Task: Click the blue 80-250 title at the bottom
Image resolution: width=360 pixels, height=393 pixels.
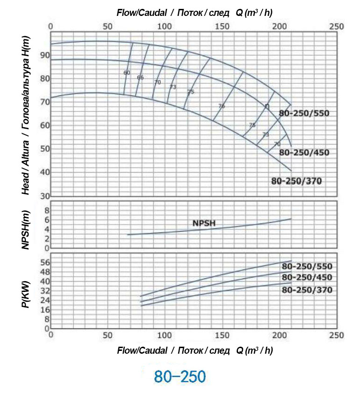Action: pos(180,377)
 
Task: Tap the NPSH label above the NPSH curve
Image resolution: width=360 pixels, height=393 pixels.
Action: pos(204,223)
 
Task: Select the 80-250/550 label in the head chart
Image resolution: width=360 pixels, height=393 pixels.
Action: pos(304,113)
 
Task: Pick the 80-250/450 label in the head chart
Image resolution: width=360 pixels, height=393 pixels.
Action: pos(304,153)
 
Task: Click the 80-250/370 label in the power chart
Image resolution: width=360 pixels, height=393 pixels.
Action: pos(307,290)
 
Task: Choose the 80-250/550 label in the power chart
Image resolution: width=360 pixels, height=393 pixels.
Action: pos(307,266)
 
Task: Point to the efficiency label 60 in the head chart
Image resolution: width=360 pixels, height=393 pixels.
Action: pos(127,73)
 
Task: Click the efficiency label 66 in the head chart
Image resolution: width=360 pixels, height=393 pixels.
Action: pos(140,78)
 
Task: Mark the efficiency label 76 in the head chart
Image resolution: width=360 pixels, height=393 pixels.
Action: pos(222,107)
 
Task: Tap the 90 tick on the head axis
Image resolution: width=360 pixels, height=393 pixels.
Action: pos(44,55)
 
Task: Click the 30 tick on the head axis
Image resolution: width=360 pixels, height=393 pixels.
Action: pos(44,196)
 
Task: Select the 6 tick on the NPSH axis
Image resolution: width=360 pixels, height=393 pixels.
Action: pos(47,219)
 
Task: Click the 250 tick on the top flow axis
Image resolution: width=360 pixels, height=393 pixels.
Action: pos(337,26)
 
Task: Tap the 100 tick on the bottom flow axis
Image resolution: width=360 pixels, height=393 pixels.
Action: pos(165,335)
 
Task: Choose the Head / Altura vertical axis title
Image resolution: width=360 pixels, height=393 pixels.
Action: pos(26,115)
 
